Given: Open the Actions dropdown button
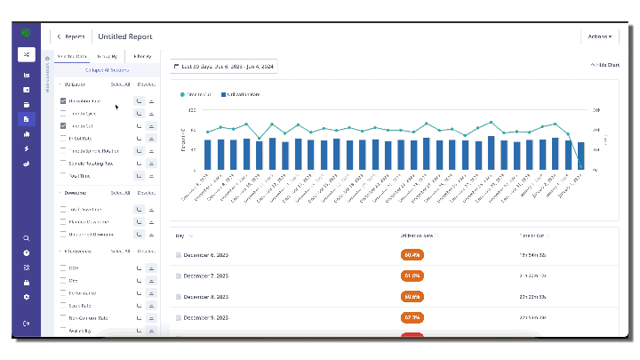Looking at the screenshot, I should (599, 36).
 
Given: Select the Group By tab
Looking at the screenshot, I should (108, 56).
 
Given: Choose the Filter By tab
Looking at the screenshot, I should (142, 56).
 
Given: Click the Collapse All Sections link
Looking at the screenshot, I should (107, 69).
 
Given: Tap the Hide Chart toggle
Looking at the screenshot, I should (604, 66).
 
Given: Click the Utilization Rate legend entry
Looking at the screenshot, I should (242, 93).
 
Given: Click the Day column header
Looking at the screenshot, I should (181, 236).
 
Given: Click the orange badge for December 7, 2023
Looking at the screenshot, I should (412, 275).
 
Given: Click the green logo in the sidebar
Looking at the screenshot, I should (26, 34).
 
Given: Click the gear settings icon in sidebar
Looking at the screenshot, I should (27, 297).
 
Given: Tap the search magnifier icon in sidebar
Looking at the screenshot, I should (27, 238).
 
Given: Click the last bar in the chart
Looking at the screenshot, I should (580, 156).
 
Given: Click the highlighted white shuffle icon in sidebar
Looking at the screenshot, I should (26, 54).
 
